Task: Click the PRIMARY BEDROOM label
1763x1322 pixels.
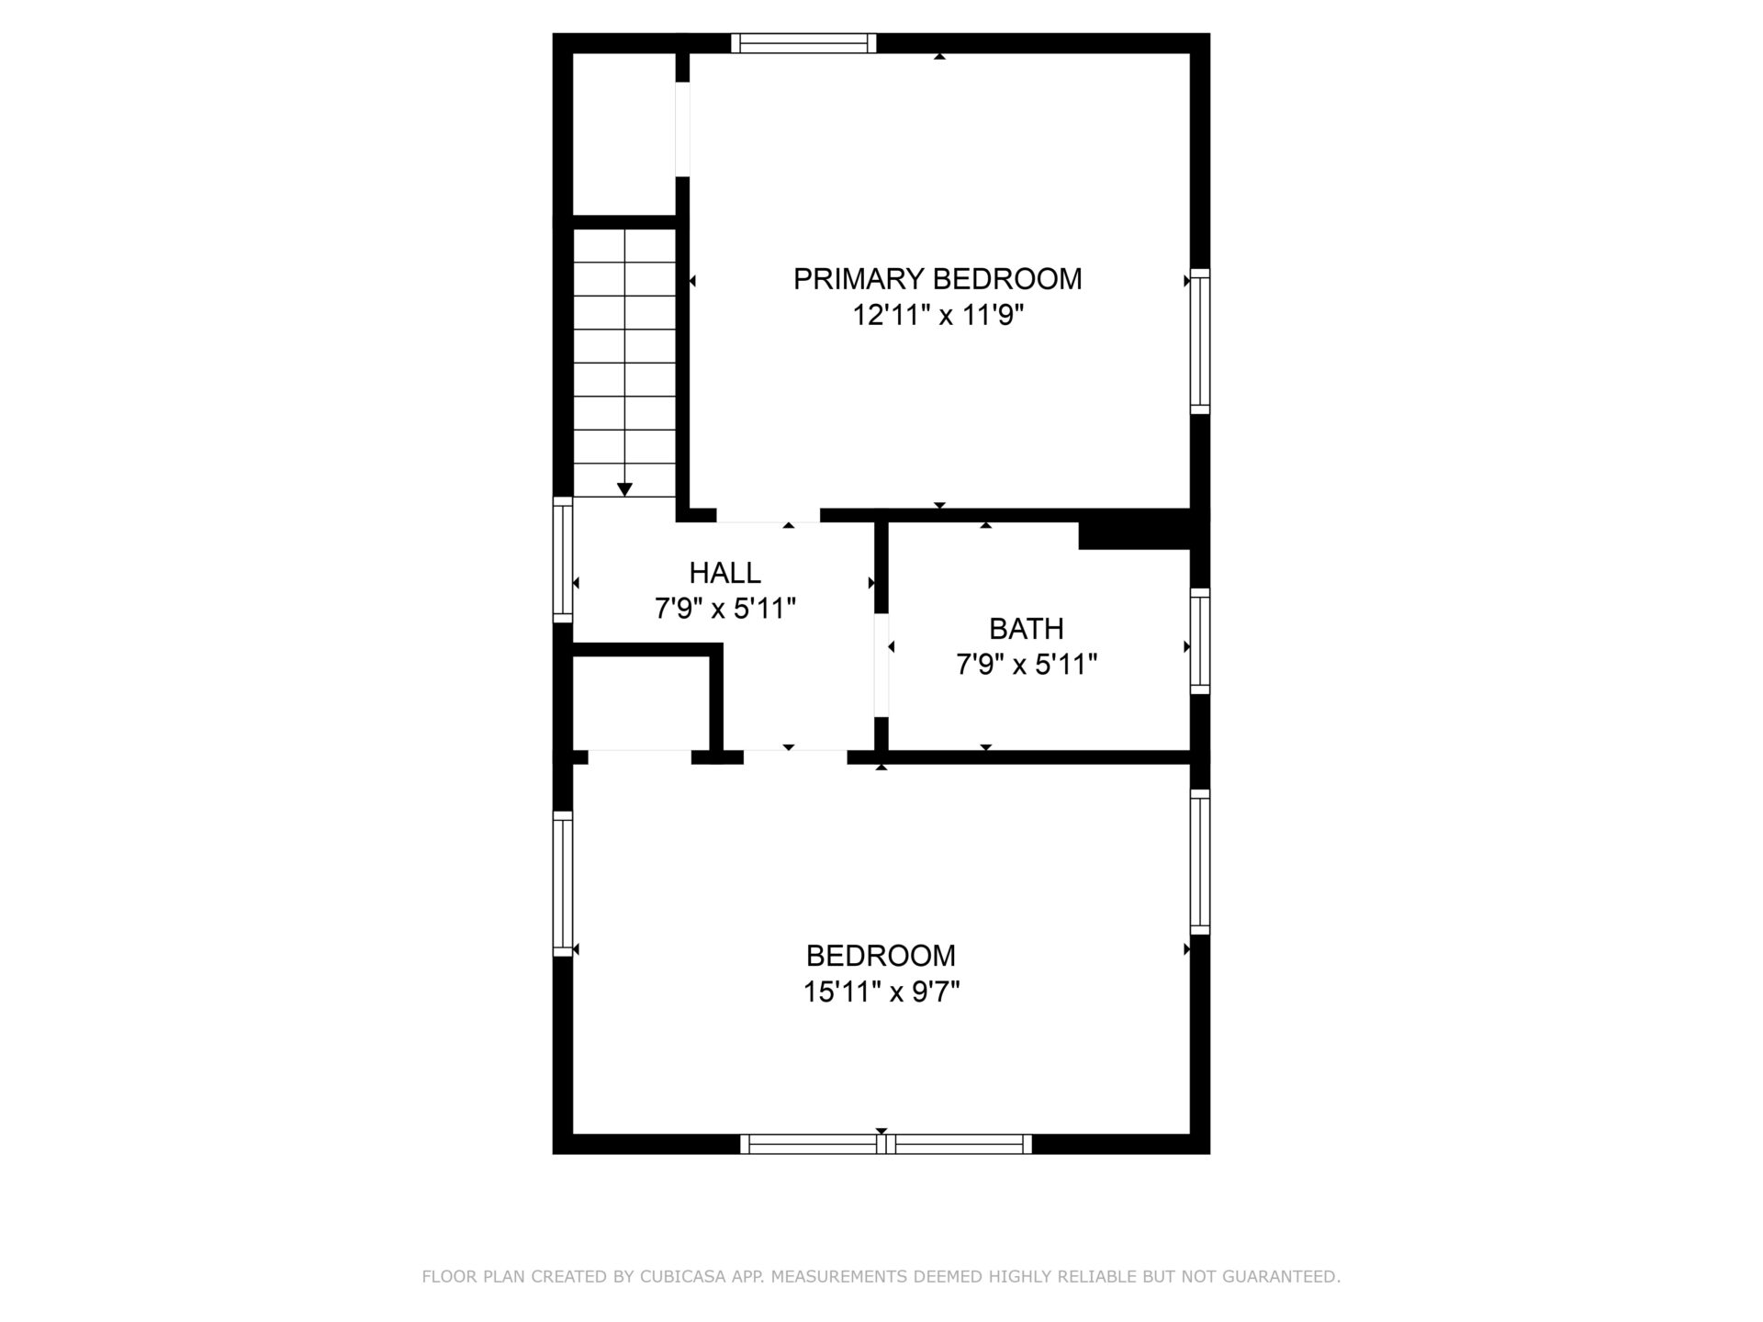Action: pos(938,279)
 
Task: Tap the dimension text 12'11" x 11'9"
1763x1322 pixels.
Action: pos(938,316)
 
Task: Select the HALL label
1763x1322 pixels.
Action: pos(724,573)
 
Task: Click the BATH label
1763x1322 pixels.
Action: pos(1026,629)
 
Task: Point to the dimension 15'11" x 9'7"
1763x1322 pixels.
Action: pos(881,991)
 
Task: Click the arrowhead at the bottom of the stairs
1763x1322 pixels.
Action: pos(624,490)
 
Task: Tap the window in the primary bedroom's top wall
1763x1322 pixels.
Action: pos(803,43)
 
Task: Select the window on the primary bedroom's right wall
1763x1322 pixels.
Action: pos(1200,342)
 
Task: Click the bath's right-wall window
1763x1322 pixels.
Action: pos(1200,641)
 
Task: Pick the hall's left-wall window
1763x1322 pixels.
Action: pos(562,559)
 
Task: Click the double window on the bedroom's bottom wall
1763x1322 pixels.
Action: pos(886,1144)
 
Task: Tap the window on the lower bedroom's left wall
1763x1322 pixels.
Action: pos(562,883)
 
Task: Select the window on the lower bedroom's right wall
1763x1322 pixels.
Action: pos(1200,861)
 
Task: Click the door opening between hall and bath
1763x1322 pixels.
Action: pos(881,665)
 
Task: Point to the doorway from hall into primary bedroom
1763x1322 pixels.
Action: pos(768,515)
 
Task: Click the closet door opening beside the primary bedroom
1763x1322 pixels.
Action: pos(682,129)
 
